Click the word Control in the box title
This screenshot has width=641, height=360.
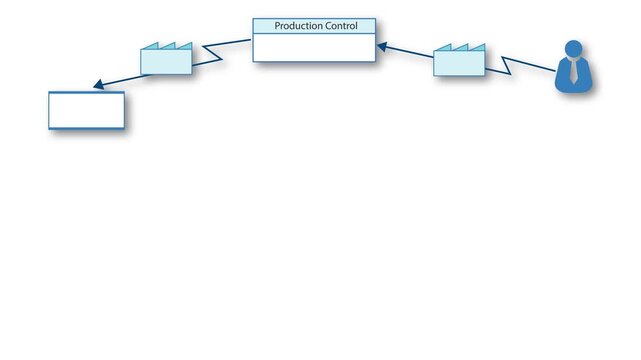pyautogui.click(x=341, y=26)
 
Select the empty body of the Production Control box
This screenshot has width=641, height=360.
pyautogui.click(x=314, y=47)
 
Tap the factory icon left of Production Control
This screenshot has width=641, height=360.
pyautogui.click(x=166, y=61)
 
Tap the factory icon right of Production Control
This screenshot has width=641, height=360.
pyautogui.click(x=459, y=63)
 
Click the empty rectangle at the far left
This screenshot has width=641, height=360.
pyautogui.click(x=87, y=110)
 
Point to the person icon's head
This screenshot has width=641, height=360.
pyautogui.click(x=574, y=49)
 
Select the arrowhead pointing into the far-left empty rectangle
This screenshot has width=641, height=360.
pyautogui.click(x=98, y=86)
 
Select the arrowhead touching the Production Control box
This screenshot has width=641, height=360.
pyautogui.click(x=381, y=45)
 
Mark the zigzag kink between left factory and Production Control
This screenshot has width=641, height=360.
pyautogui.click(x=212, y=51)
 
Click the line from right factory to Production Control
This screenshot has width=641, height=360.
pyautogui.click(x=408, y=51)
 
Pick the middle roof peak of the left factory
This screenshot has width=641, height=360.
pyautogui.click(x=168, y=45)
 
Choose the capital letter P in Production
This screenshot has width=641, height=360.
pyautogui.click(x=277, y=26)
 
